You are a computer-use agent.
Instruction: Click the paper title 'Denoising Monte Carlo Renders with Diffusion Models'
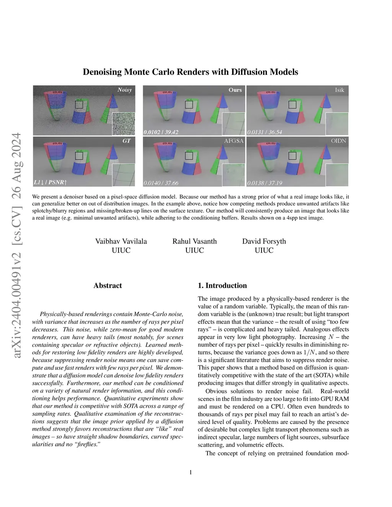click(190, 72)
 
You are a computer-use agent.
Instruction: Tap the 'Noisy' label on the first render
click(124, 90)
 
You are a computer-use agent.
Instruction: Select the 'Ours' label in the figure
click(235, 90)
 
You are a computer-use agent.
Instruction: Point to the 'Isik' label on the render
click(340, 90)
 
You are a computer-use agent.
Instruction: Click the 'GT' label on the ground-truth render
click(126, 141)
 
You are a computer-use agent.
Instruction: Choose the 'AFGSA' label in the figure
click(234, 141)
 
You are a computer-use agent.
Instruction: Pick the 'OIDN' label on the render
click(338, 141)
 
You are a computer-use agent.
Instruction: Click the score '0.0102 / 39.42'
click(161, 132)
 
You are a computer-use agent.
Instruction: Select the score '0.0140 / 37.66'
click(161, 183)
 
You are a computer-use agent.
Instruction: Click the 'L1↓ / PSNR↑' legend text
click(51, 182)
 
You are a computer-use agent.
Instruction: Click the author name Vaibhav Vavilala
click(121, 241)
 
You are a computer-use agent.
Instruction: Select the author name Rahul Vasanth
click(194, 241)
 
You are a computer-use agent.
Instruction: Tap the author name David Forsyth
click(264, 241)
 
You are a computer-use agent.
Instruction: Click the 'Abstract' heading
click(108, 285)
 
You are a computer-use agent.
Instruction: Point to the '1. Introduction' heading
click(222, 285)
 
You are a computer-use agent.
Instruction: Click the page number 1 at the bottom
click(191, 472)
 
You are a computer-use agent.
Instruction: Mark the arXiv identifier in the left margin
click(16, 245)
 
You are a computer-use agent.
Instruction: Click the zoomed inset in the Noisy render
click(123, 124)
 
